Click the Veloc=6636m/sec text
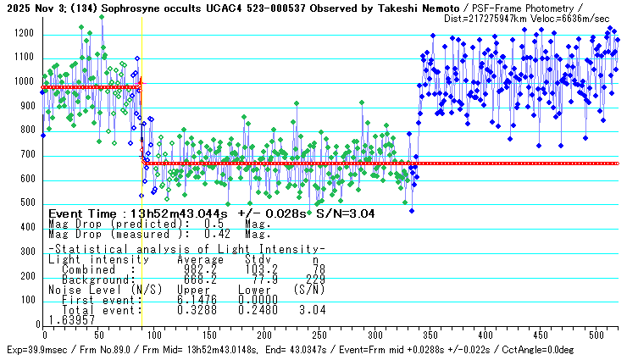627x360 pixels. tap(584, 17)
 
